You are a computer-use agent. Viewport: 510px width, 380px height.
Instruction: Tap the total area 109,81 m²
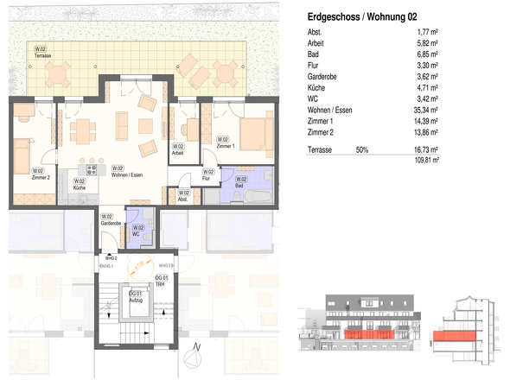point(424,160)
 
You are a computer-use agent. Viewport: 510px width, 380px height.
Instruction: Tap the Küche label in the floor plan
point(79,184)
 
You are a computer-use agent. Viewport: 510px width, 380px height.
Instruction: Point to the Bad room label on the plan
point(230,181)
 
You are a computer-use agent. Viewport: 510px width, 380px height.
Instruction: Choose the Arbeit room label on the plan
point(179,150)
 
